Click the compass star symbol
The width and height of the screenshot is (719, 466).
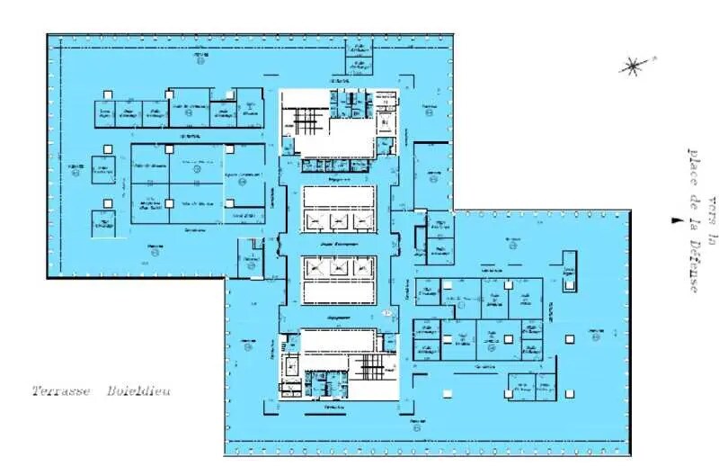coord(634,65)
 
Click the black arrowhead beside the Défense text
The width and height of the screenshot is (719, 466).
coord(672,220)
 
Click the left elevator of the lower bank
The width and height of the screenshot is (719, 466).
coord(314,266)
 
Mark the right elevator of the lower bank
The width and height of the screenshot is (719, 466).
coord(362,266)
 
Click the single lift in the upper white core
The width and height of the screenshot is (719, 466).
coord(385,121)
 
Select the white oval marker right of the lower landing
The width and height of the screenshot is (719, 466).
coord(387,313)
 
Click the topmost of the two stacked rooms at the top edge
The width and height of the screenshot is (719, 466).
coord(359,49)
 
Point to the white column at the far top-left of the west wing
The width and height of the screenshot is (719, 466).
coord(107,94)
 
